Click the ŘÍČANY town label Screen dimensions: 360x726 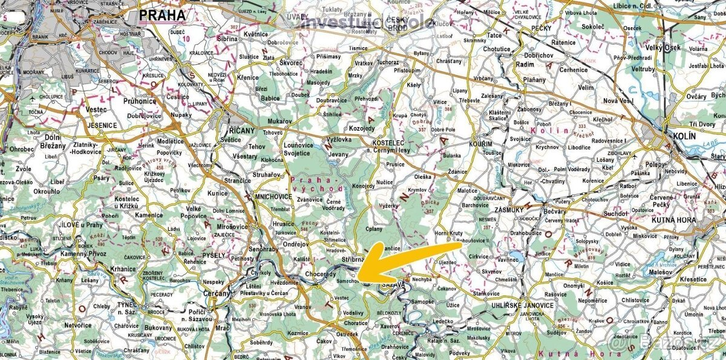pos(242,131)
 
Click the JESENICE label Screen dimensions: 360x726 pos(102,125)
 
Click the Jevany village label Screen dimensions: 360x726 pos(339,154)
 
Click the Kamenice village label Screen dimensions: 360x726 pos(149,215)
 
